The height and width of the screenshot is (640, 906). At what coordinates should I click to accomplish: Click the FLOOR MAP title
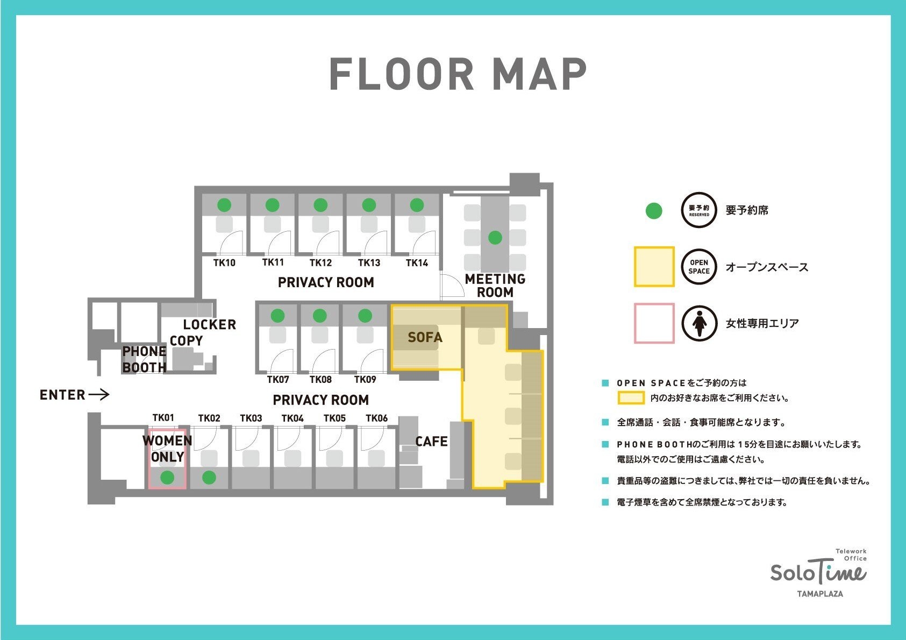[458, 74]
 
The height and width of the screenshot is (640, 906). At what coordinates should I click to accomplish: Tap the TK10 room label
[224, 263]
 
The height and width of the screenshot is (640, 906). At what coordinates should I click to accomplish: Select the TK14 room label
[417, 263]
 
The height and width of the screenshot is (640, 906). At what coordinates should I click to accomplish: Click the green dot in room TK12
[320, 205]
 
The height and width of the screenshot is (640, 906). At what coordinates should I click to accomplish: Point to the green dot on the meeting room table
[495, 238]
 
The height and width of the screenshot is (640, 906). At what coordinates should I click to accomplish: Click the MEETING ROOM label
[495, 286]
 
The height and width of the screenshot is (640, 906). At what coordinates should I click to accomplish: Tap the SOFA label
[425, 337]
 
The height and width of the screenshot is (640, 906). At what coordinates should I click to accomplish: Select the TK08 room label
[321, 380]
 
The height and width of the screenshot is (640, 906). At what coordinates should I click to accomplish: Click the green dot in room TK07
[277, 316]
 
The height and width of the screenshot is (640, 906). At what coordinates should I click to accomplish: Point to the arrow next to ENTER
[99, 394]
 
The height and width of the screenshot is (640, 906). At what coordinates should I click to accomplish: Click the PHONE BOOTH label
[145, 359]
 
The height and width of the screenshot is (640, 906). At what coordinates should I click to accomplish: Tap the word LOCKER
[210, 324]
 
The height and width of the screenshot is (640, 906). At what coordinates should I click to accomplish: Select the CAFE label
[432, 442]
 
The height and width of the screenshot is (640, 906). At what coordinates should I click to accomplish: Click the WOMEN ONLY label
[167, 449]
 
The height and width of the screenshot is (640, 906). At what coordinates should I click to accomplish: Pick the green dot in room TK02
[209, 478]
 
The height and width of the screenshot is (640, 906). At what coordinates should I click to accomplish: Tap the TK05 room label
[334, 418]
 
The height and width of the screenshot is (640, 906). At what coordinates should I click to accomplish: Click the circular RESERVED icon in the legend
[699, 210]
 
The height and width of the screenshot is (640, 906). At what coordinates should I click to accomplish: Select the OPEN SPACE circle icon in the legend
[699, 267]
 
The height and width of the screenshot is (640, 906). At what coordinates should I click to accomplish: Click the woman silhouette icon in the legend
[699, 323]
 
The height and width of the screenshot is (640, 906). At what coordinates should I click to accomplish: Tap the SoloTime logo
[819, 574]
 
